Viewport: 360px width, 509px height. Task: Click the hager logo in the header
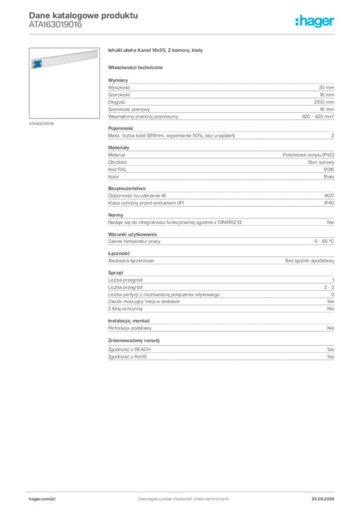coord(315,21)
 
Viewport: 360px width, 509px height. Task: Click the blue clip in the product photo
coord(37,64)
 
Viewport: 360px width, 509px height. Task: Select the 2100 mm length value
coord(324,102)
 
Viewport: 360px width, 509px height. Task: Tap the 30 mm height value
coord(326,87)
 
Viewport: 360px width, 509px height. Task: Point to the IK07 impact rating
coord(329,196)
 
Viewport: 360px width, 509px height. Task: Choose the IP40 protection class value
coord(329,203)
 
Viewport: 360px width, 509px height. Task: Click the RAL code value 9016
coord(329,170)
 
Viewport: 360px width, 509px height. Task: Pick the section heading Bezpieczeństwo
coord(127,188)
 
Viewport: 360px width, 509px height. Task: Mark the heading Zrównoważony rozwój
coord(134,340)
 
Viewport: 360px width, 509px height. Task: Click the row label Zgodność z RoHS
coord(127,357)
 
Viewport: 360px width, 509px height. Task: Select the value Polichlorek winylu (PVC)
coord(308,155)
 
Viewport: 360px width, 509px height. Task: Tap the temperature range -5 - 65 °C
coord(323,242)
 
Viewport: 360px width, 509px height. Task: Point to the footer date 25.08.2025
coord(323,499)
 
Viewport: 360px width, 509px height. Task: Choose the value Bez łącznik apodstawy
coord(310,260)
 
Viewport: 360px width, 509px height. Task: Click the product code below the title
coord(56,25)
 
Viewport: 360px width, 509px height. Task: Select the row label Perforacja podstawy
coord(130,328)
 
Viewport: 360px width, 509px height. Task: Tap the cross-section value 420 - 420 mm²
coord(318,116)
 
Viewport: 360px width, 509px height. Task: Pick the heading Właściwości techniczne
coord(135,68)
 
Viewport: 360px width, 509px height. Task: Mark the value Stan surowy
coord(321,163)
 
